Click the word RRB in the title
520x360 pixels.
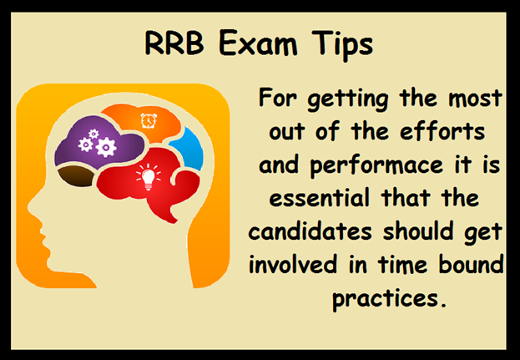[x=174, y=43]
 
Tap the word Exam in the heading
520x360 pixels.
[x=258, y=43]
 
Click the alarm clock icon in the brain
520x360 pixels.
[x=149, y=120]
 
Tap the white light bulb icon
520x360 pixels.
[x=149, y=177]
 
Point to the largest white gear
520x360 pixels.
[x=106, y=147]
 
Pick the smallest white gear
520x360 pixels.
[x=93, y=134]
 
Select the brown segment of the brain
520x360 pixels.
[x=76, y=176]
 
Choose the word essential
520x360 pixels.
[x=319, y=198]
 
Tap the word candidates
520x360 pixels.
[x=310, y=231]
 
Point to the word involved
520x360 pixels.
[x=293, y=264]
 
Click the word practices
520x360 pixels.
[x=389, y=299]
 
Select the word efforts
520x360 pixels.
[x=442, y=131]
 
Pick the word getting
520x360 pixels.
[x=347, y=99]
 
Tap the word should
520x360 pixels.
[x=418, y=231]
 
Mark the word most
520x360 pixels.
[x=475, y=99]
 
